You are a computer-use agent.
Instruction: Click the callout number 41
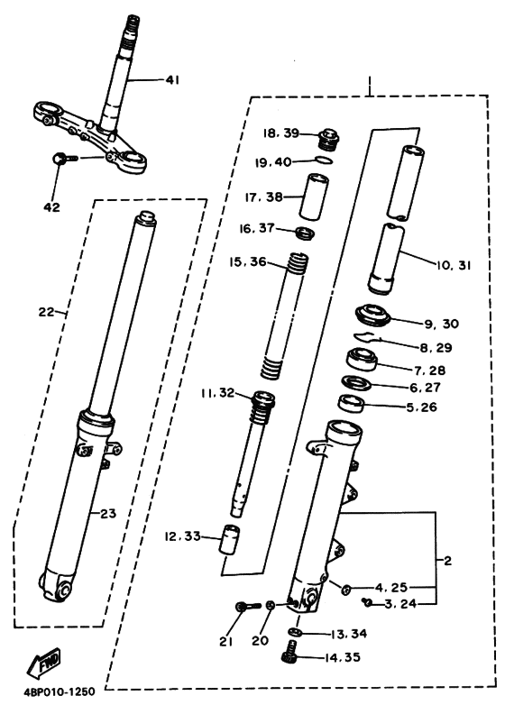coord(172,80)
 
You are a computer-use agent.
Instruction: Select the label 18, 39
coord(280,132)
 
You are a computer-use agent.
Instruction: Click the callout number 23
coord(109,514)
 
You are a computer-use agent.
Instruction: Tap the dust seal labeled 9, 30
coord(372,316)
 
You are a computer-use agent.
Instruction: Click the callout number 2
coord(446,560)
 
